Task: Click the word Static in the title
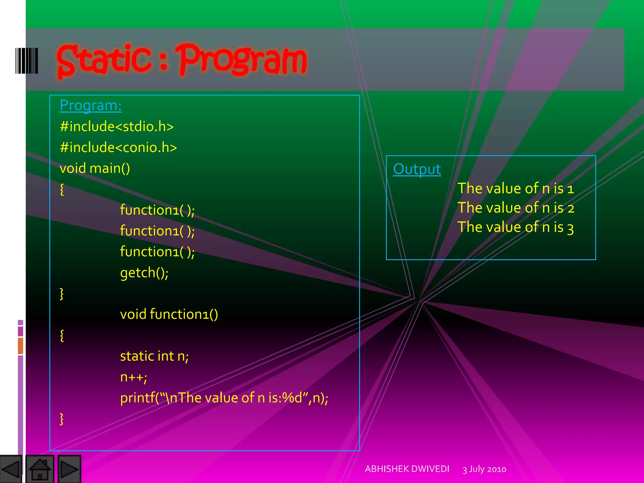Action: tap(104, 60)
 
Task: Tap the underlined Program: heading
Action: tap(91, 105)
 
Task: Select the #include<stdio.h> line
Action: tap(117, 126)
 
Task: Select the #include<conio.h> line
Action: tap(118, 147)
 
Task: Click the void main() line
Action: tap(95, 168)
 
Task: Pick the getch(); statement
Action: tap(144, 272)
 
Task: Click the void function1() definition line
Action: tap(169, 314)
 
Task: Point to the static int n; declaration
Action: tap(154, 356)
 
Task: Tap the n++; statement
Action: tap(134, 377)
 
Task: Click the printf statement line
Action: tap(224, 398)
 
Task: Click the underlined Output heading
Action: tap(417, 169)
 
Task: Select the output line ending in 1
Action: tap(516, 188)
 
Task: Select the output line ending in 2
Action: tap(516, 208)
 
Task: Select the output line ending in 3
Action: tap(516, 227)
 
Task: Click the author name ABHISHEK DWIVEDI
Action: tap(407, 469)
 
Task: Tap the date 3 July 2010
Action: tap(484, 469)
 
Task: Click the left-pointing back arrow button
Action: tap(11, 469)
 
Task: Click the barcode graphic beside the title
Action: tap(27, 61)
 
